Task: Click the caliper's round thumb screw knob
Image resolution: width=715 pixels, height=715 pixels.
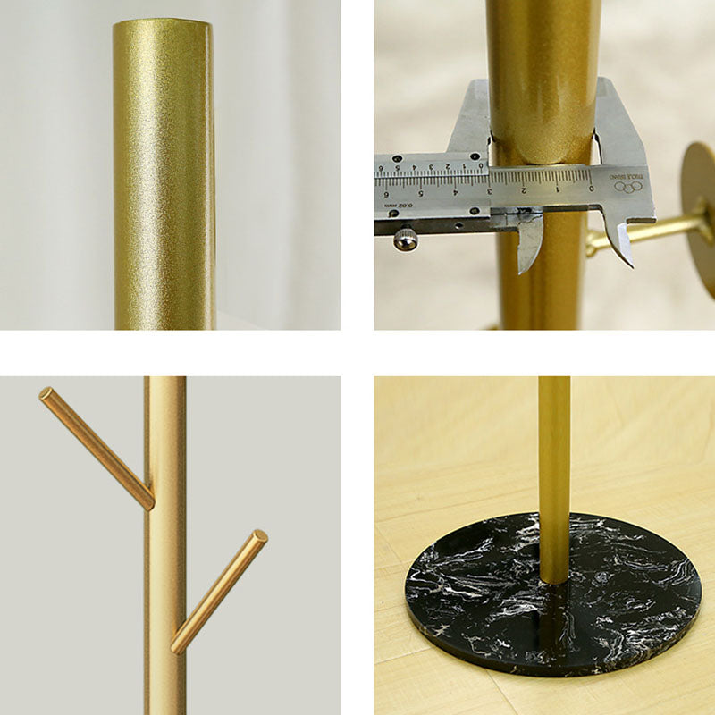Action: pos(407,239)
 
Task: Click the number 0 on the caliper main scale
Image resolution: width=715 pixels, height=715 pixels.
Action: pos(591,188)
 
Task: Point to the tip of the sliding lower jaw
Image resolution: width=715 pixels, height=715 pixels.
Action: pos(526,267)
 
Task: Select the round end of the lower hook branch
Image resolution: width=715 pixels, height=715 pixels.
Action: pos(260,536)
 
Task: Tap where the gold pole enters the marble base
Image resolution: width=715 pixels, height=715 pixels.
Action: pos(554,581)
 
